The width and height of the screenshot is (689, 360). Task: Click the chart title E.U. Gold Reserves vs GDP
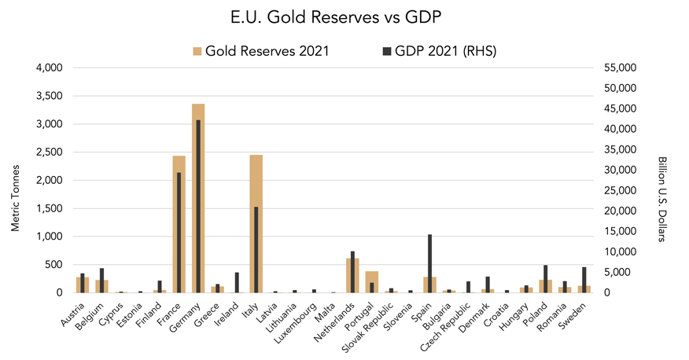344,17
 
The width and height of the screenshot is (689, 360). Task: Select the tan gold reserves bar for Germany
193,197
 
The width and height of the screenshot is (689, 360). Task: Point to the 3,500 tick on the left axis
50,96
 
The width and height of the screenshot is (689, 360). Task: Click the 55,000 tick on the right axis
613,68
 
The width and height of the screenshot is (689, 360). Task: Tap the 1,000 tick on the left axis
50,237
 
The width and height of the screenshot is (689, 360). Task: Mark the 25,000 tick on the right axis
613,190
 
